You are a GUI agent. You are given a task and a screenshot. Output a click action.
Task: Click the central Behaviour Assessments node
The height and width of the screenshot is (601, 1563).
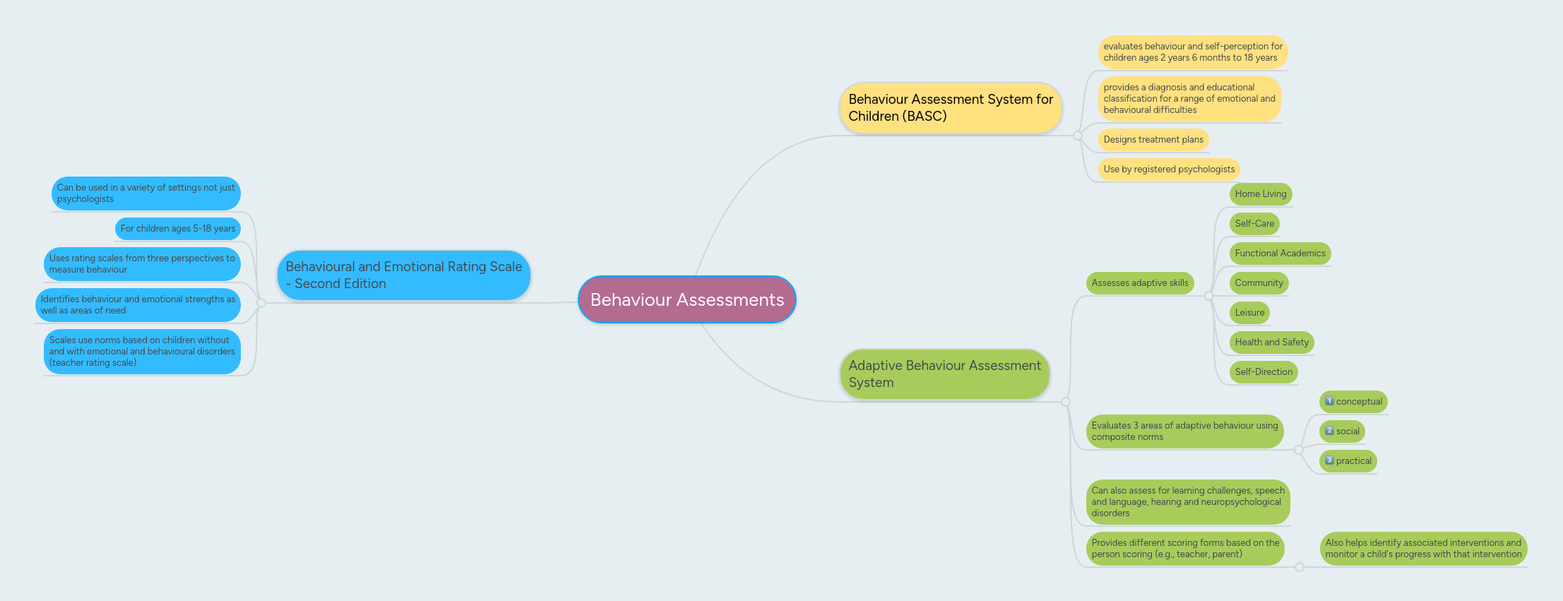(x=687, y=299)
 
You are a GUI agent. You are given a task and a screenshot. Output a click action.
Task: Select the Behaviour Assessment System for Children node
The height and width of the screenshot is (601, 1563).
(x=950, y=107)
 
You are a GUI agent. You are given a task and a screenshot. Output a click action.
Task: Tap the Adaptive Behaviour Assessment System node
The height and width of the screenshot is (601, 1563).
(x=944, y=374)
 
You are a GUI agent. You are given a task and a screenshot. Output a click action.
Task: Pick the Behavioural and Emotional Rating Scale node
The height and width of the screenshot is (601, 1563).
(x=403, y=275)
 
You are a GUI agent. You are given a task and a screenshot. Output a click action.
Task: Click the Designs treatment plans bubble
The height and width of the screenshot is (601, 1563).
(x=1153, y=140)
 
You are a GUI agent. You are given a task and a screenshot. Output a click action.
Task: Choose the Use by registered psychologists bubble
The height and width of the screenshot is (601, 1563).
(x=1168, y=169)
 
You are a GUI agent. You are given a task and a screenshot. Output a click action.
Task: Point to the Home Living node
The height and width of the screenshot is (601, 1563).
(x=1260, y=194)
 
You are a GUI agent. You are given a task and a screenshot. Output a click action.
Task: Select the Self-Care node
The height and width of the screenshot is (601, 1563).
(x=1254, y=224)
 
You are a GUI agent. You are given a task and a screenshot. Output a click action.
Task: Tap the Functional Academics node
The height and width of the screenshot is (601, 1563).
(x=1280, y=254)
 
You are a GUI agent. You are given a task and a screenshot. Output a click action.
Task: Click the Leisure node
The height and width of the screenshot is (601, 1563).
(x=1249, y=313)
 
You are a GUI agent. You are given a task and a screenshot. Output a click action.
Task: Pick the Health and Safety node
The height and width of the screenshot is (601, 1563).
(x=1271, y=343)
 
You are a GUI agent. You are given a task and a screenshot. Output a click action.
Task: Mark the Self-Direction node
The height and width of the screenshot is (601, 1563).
(x=1264, y=372)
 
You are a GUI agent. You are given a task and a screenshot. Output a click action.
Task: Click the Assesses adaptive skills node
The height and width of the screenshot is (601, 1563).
(x=1139, y=283)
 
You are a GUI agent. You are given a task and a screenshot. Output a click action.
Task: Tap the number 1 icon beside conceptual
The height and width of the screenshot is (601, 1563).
(x=1329, y=401)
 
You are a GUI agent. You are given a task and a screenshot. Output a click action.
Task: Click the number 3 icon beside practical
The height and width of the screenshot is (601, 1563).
(x=1329, y=460)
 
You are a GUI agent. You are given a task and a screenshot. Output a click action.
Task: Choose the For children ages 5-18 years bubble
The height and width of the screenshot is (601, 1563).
(x=177, y=229)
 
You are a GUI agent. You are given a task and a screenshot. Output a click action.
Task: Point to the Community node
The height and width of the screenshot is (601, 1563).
(x=1259, y=283)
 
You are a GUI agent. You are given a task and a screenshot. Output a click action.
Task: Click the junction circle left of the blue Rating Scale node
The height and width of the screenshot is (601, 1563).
(x=261, y=303)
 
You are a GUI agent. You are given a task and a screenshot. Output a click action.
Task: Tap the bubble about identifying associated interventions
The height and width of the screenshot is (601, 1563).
(x=1423, y=549)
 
